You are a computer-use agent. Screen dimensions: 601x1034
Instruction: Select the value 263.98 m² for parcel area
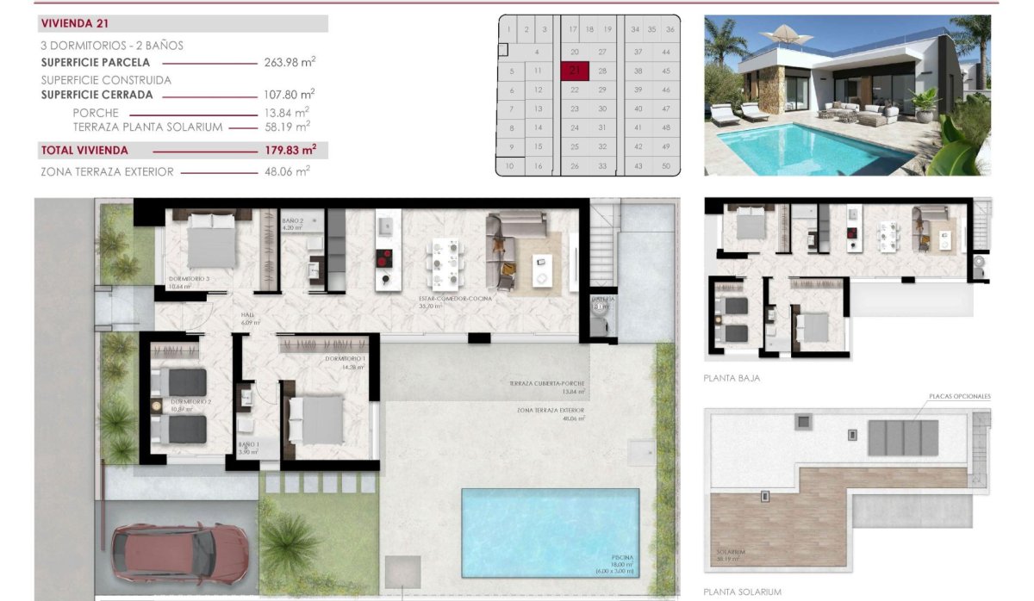pyautogui.click(x=289, y=62)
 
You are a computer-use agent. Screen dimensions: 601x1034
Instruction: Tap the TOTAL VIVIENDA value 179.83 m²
pyautogui.click(x=289, y=150)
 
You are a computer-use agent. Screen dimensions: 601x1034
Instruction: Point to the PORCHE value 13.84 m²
pyautogui.click(x=289, y=112)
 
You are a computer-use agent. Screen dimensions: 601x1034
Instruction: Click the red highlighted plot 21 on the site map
pyautogui.click(x=575, y=71)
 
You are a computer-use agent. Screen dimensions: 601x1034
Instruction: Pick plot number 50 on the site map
pyautogui.click(x=666, y=165)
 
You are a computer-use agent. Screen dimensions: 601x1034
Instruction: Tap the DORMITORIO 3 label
pyautogui.click(x=189, y=279)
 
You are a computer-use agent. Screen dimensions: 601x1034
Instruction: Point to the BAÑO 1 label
pyautogui.click(x=248, y=445)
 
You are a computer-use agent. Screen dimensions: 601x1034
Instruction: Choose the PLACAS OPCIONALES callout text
pyautogui.click(x=960, y=397)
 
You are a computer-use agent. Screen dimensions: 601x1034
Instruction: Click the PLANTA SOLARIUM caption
pyautogui.click(x=742, y=592)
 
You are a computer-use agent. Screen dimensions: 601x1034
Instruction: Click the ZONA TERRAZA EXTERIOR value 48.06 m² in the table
pyautogui.click(x=289, y=171)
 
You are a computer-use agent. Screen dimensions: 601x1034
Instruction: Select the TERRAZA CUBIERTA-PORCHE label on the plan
pyautogui.click(x=546, y=383)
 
